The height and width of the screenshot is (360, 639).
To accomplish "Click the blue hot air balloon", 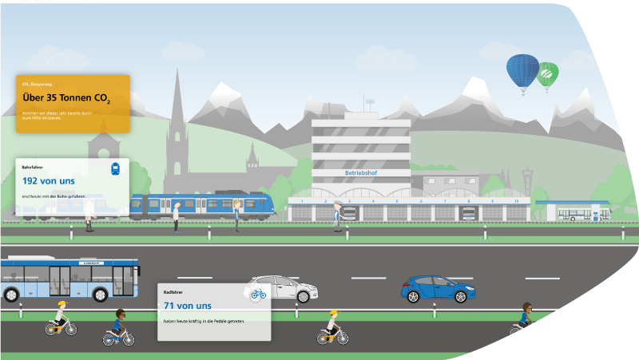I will click(x=522, y=70).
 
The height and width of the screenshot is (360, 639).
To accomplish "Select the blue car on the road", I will click(x=436, y=289).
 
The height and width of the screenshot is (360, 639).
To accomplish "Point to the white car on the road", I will click(x=276, y=288).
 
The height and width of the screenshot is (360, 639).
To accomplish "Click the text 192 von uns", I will click(x=49, y=181).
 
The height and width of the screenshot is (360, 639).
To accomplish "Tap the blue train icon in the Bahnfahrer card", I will click(x=116, y=169).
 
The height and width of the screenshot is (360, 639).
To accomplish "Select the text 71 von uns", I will click(x=188, y=306).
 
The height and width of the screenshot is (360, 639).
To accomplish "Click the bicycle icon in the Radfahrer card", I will click(x=258, y=294).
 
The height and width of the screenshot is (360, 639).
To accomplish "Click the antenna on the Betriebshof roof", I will click(x=370, y=104).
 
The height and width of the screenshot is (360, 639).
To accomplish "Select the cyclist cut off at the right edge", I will click(x=522, y=318).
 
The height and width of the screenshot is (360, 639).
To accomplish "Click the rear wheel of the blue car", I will click(x=414, y=296).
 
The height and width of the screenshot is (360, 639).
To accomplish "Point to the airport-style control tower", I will click(x=526, y=180).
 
